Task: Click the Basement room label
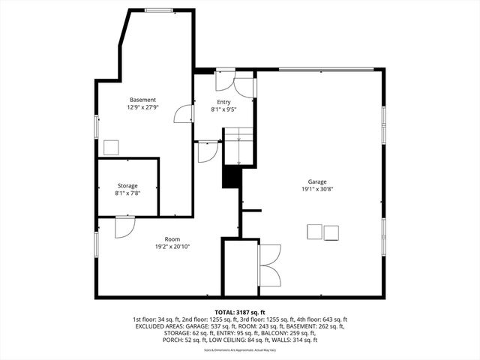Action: point(142,100)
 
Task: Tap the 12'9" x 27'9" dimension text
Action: point(142,108)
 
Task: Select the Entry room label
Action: point(224,102)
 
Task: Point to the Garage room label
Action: point(316,181)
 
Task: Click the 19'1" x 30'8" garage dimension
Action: point(316,190)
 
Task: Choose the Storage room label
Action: point(127,185)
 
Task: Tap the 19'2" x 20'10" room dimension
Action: point(172,247)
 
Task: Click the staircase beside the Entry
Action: point(236,145)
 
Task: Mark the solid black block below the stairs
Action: point(229,177)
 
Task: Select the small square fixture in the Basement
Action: point(112,147)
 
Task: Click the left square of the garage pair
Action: point(315,232)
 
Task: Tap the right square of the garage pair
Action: point(331,232)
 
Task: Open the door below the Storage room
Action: point(124,227)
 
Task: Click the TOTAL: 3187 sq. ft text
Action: point(240,311)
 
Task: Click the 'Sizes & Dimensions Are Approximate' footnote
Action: point(240,349)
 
